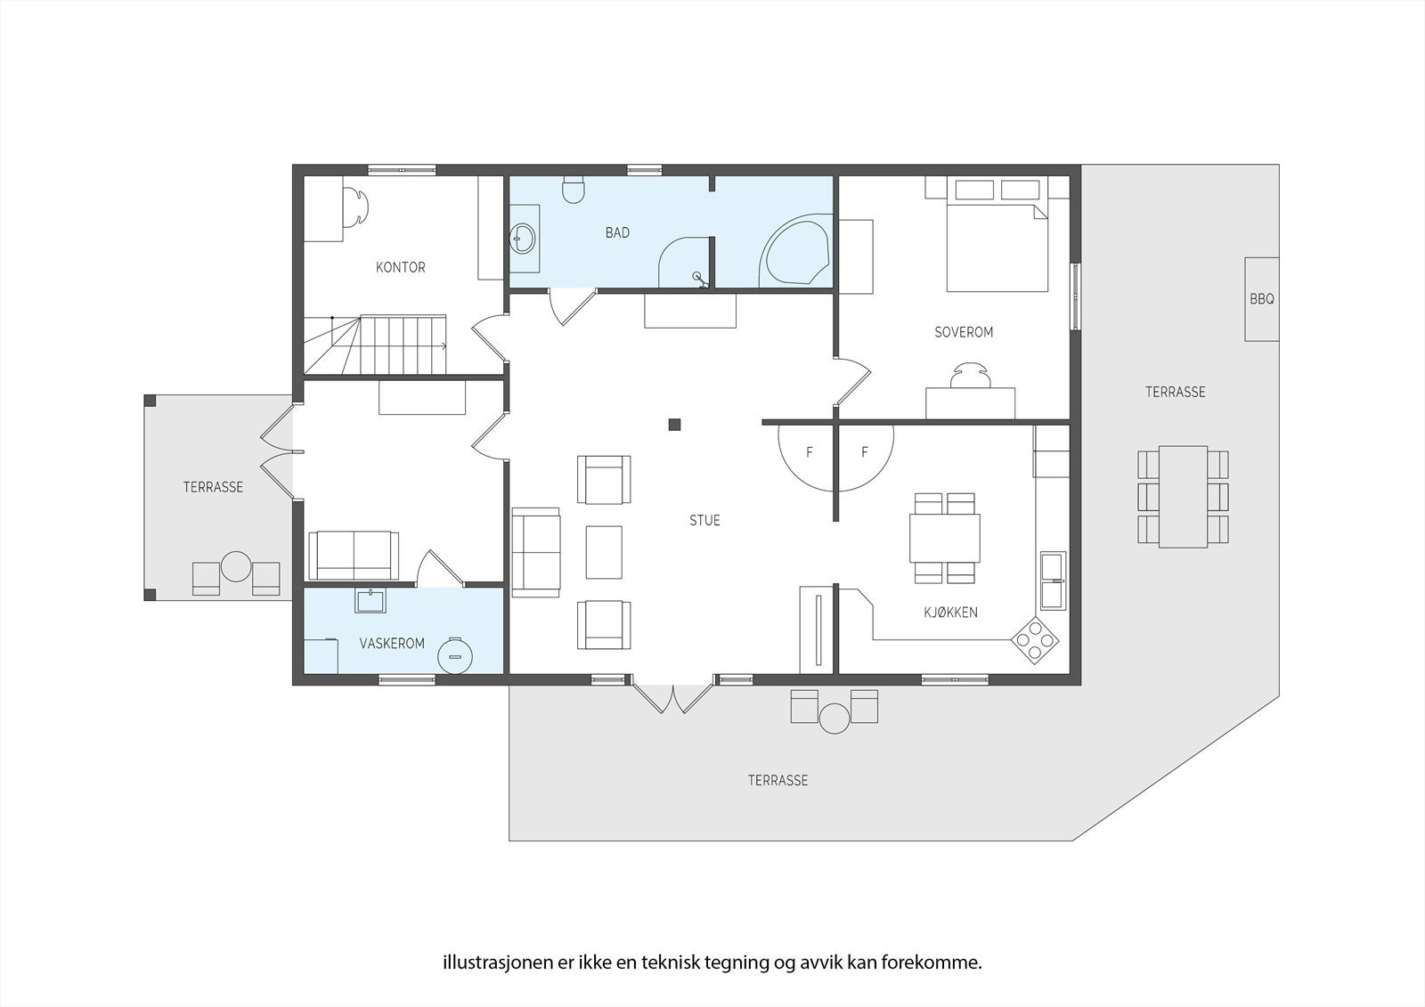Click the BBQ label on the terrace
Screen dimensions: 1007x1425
[x=1261, y=299]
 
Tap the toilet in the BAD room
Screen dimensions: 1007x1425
[x=574, y=190]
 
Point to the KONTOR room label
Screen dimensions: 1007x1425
[x=400, y=267]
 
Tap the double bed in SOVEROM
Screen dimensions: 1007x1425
[x=997, y=245]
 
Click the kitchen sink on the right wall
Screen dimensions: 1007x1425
[x=1053, y=580]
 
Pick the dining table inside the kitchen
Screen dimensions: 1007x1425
[x=944, y=538]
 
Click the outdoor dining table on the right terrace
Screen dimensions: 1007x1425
[x=1183, y=496]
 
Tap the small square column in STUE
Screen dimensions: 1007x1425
[x=675, y=425]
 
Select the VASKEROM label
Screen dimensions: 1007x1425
[x=392, y=643]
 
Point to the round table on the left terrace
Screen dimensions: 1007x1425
[x=236, y=566]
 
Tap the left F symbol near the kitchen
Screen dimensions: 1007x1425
[x=809, y=452]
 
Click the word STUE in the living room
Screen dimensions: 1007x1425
[x=704, y=520]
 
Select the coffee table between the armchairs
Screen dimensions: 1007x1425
[x=604, y=552]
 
